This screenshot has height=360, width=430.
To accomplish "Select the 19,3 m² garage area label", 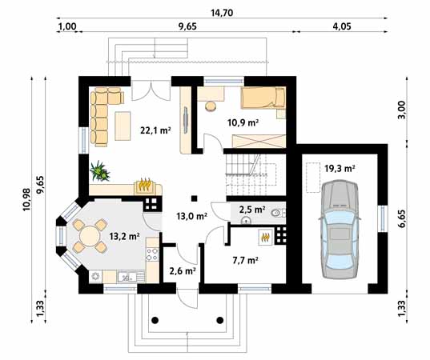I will click(340, 169).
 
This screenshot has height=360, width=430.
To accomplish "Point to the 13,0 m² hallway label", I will click(191, 215).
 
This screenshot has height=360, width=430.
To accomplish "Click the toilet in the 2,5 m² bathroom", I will click(275, 212).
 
